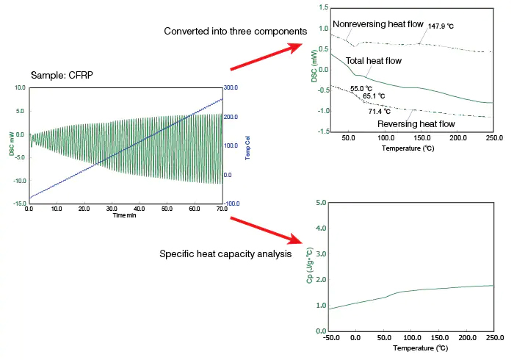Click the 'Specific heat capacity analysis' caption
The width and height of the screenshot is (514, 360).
point(225,254)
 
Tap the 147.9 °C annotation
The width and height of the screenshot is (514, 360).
point(440,26)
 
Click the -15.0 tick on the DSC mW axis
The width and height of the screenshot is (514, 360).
point(17,204)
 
